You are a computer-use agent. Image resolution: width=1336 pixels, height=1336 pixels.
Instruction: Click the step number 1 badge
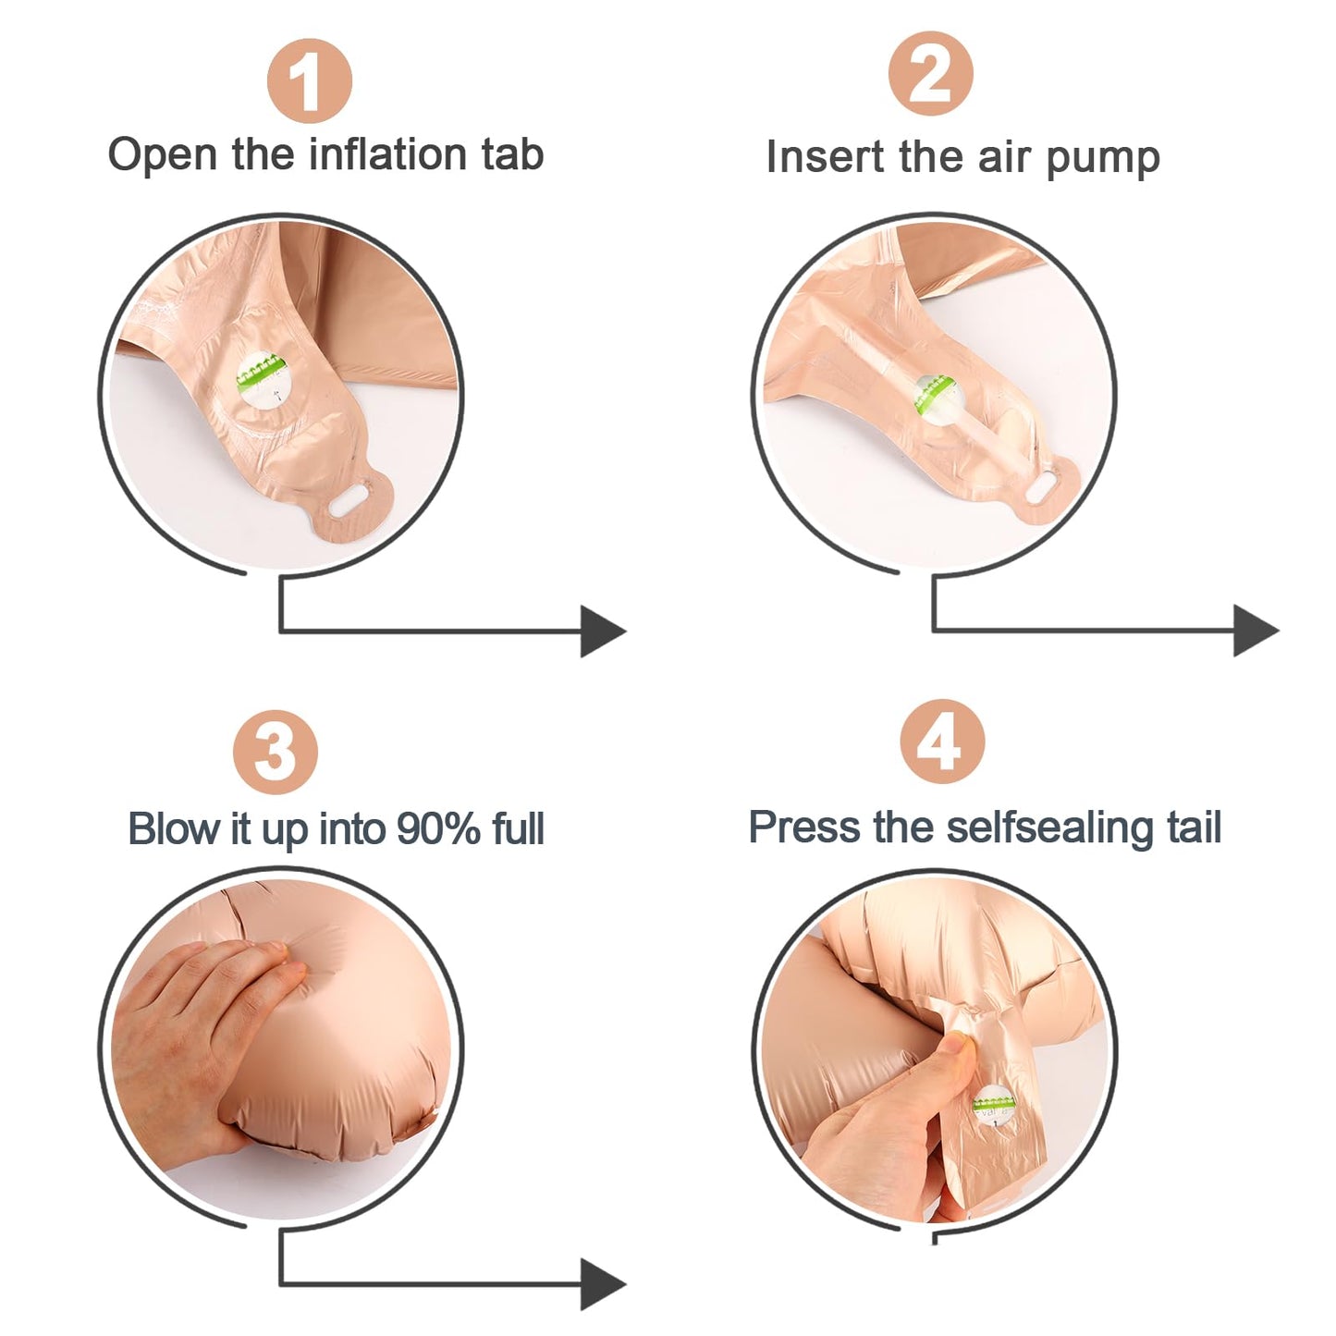click(x=309, y=80)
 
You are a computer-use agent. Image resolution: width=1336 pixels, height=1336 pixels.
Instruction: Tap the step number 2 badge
click(x=930, y=73)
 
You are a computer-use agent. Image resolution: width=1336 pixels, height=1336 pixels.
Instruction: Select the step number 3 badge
click(x=276, y=752)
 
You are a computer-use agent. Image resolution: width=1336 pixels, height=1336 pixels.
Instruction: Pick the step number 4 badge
click(x=942, y=742)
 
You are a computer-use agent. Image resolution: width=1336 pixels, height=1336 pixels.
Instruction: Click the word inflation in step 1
click(x=386, y=153)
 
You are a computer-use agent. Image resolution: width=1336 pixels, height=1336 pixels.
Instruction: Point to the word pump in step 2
click(x=1102, y=160)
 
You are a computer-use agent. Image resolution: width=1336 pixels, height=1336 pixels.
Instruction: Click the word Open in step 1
click(x=162, y=155)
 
